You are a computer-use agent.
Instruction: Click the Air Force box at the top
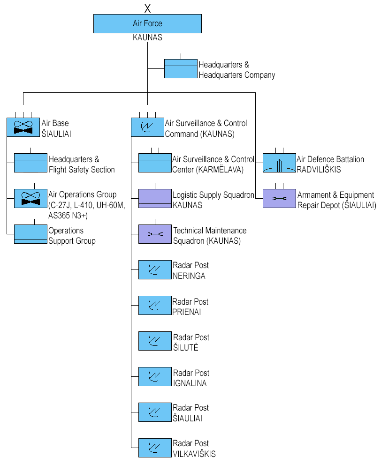coord(147,23)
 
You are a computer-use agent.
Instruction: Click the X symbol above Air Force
coord(148,8)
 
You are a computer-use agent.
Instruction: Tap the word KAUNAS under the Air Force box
coord(147,38)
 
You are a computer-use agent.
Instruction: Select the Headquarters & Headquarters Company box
coord(181,68)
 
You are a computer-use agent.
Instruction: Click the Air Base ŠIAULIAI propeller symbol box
coord(23,127)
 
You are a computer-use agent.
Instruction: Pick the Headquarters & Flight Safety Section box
coord(30,163)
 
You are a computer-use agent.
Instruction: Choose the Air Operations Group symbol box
coord(30,198)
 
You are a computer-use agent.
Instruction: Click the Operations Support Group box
coord(30,234)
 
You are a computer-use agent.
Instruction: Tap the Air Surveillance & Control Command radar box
coord(147,127)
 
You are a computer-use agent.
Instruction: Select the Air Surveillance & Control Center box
coord(155,163)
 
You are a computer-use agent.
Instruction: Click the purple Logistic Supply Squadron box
coord(155,198)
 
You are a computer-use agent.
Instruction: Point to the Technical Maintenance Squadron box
coord(155,234)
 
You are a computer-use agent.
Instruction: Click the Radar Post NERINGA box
coord(155,270)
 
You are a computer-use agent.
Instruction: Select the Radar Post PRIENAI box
coord(155,306)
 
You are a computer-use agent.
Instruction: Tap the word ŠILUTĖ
coord(186,348)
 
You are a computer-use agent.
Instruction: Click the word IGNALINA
coord(190,383)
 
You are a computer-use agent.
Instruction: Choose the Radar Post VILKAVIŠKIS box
coord(155,448)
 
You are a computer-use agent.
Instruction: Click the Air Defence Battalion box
coord(279,163)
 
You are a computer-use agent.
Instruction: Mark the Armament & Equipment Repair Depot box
coord(279,198)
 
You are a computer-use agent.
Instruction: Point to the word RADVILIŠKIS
coord(319,169)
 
